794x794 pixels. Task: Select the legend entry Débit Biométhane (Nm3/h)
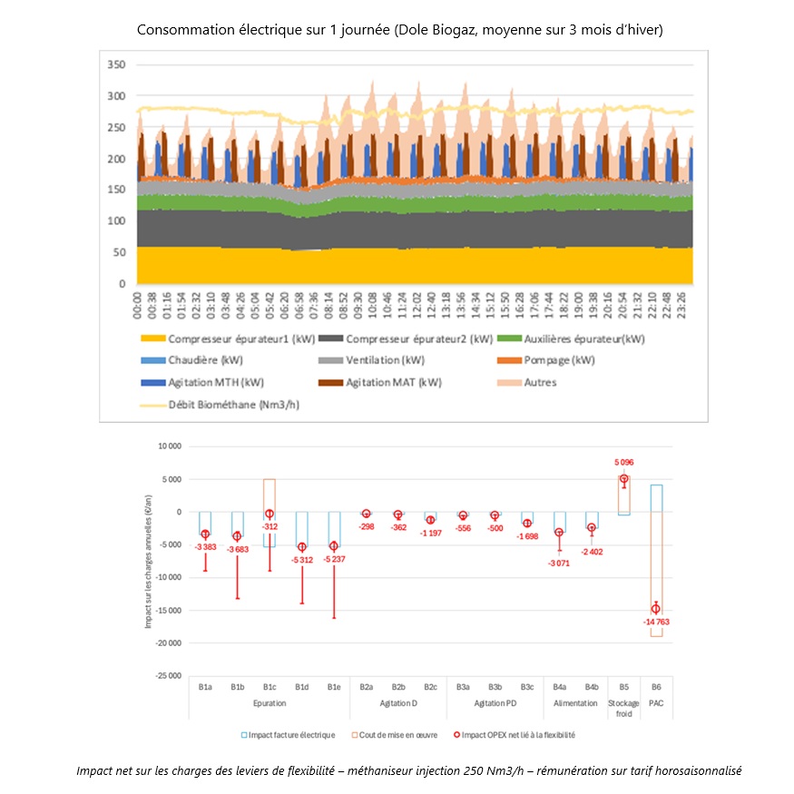pos(233,404)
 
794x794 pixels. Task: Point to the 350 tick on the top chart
pos(115,65)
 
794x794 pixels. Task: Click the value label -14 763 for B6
pos(656,622)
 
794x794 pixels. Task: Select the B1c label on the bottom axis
pos(270,687)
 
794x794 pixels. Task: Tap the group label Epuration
pos(270,702)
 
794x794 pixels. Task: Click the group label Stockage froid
pos(623,708)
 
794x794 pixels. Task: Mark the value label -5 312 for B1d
pos(302,560)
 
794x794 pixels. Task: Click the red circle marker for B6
pos(656,608)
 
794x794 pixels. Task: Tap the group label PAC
pos(656,702)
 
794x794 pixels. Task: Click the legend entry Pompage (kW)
pos(562,360)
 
